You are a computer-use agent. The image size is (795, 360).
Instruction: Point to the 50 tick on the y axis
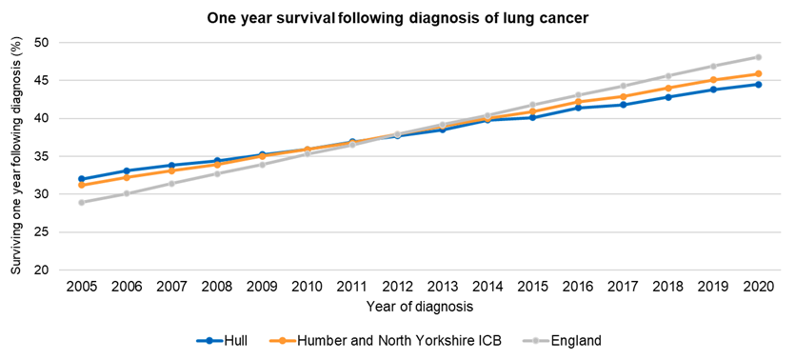tap(42, 43)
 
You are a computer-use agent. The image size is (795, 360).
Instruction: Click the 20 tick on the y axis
tap(42, 270)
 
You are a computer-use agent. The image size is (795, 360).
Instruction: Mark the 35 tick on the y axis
tap(42, 156)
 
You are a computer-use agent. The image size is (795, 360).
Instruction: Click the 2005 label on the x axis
tap(81, 287)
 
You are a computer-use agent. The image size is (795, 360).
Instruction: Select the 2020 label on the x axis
tap(758, 287)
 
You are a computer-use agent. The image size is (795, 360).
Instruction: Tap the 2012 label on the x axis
tap(397, 287)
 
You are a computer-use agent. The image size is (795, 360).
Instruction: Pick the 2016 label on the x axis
tap(577, 287)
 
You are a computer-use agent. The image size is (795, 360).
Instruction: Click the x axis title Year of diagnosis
tap(419, 306)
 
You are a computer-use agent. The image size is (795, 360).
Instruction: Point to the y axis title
tap(15, 156)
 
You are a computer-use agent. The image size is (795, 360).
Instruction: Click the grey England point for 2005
tap(81, 202)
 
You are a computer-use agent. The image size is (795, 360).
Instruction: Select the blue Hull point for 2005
tap(81, 179)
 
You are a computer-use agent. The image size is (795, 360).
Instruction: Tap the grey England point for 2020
tap(758, 57)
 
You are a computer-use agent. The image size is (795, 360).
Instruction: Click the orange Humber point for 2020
tap(758, 73)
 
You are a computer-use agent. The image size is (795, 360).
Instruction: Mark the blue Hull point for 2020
tap(758, 84)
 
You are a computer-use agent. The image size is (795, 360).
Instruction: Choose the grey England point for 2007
tap(171, 183)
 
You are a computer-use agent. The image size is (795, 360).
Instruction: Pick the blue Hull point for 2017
tap(623, 105)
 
